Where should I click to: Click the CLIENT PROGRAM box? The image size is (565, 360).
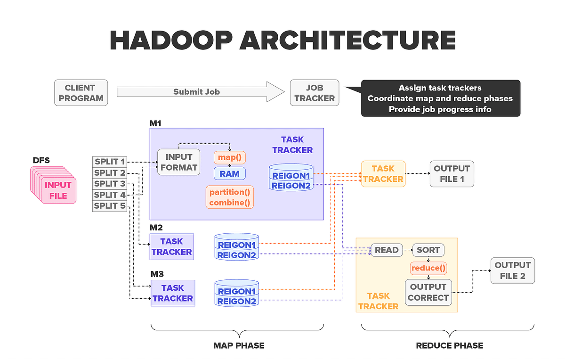point(81,93)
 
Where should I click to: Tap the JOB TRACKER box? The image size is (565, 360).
point(314,93)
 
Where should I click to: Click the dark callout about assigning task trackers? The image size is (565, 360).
point(440,98)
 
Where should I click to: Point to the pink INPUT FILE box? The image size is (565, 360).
point(58,191)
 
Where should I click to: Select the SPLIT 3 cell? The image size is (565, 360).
point(110,184)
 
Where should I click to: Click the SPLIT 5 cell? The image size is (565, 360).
point(110,206)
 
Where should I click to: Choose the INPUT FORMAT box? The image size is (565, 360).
point(178,162)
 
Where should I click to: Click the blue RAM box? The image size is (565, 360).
point(229,173)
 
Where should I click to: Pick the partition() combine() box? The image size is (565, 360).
point(230,197)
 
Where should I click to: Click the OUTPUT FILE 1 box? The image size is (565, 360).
point(452,174)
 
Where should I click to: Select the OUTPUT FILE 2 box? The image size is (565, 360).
point(512,270)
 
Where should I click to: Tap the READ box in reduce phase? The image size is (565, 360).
point(387,250)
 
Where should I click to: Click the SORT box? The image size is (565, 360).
point(428,250)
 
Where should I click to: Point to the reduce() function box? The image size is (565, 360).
point(428,268)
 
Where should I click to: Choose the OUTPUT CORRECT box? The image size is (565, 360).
point(428,292)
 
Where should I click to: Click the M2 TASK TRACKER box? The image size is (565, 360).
point(172,246)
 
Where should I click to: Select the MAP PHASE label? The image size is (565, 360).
point(239,345)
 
